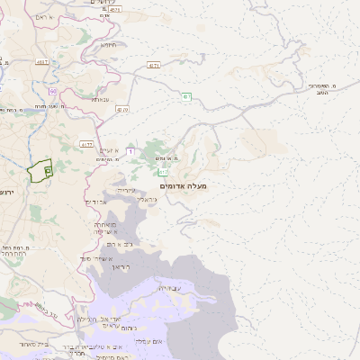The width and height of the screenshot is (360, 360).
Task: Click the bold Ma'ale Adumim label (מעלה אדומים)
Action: pyautogui.click(x=183, y=185)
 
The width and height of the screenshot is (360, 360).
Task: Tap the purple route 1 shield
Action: pyautogui.click(x=130, y=152)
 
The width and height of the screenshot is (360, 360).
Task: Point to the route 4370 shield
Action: pyautogui.click(x=122, y=110)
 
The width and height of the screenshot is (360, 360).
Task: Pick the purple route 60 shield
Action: pyautogui.click(x=54, y=92)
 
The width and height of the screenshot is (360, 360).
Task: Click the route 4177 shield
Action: pyautogui.click(x=86, y=144)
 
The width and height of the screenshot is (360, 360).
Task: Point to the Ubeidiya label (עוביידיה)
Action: pyautogui.click(x=168, y=288)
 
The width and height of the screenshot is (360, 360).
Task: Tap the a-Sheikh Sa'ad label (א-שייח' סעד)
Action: pyautogui.click(x=109, y=229)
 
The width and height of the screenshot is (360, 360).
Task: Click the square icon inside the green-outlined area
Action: pyautogui.click(x=48, y=168)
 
